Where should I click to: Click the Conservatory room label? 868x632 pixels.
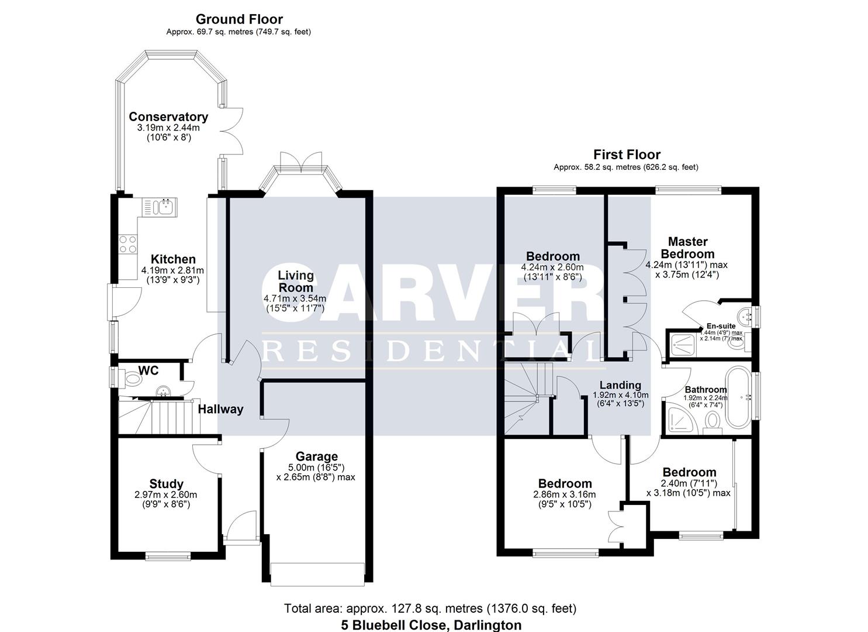click(x=168, y=116)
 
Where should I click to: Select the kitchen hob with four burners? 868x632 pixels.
click(x=128, y=244)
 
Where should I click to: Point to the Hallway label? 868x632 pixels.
click(x=220, y=409)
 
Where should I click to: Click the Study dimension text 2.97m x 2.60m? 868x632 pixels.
click(x=166, y=494)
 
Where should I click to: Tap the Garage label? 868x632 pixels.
click(x=316, y=456)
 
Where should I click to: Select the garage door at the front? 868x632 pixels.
click(x=317, y=573)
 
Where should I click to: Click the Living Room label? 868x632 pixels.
click(x=295, y=281)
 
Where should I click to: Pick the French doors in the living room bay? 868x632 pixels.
click(x=301, y=162)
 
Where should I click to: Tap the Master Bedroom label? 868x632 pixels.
click(x=687, y=248)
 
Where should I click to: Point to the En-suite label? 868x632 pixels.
click(x=721, y=326)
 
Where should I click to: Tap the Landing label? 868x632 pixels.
click(x=620, y=385)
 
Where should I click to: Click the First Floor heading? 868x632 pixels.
click(x=627, y=154)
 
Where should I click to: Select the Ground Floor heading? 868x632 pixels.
click(x=239, y=19)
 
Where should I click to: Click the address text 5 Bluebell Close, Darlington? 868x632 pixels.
click(x=431, y=625)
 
